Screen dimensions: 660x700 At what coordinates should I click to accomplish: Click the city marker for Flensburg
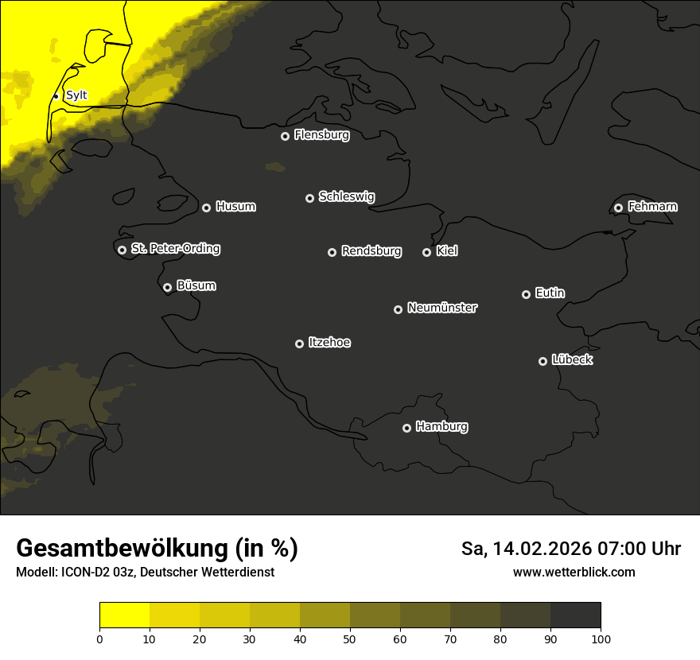tap(285, 136)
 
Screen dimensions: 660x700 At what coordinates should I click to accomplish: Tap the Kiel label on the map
tap(447, 251)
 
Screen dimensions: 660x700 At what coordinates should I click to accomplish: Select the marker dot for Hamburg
tap(406, 428)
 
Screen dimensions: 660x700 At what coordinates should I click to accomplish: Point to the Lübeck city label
tap(572, 360)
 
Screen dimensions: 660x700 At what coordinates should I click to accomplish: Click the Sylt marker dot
tap(56, 96)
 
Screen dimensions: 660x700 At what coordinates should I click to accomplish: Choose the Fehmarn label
tap(652, 207)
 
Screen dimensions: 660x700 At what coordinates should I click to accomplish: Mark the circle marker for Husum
tap(206, 208)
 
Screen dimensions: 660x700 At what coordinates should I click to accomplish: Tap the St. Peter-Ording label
tap(175, 249)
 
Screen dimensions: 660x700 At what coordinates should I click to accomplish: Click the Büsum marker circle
tap(167, 288)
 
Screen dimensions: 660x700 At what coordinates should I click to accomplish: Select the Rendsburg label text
tap(371, 251)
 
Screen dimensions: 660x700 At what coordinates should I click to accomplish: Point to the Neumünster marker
tap(398, 309)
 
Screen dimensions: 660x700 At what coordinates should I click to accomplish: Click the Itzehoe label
tap(329, 343)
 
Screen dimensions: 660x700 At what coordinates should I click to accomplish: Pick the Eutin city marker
tap(526, 294)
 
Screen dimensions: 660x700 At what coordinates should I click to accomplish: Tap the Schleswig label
tap(346, 196)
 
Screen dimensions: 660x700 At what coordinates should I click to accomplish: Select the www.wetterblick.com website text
tap(574, 573)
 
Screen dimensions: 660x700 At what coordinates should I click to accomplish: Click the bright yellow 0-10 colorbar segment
tap(124, 615)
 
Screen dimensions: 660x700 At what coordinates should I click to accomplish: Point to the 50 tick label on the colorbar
tap(350, 639)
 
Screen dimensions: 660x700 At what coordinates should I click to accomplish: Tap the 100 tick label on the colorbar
tap(601, 639)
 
